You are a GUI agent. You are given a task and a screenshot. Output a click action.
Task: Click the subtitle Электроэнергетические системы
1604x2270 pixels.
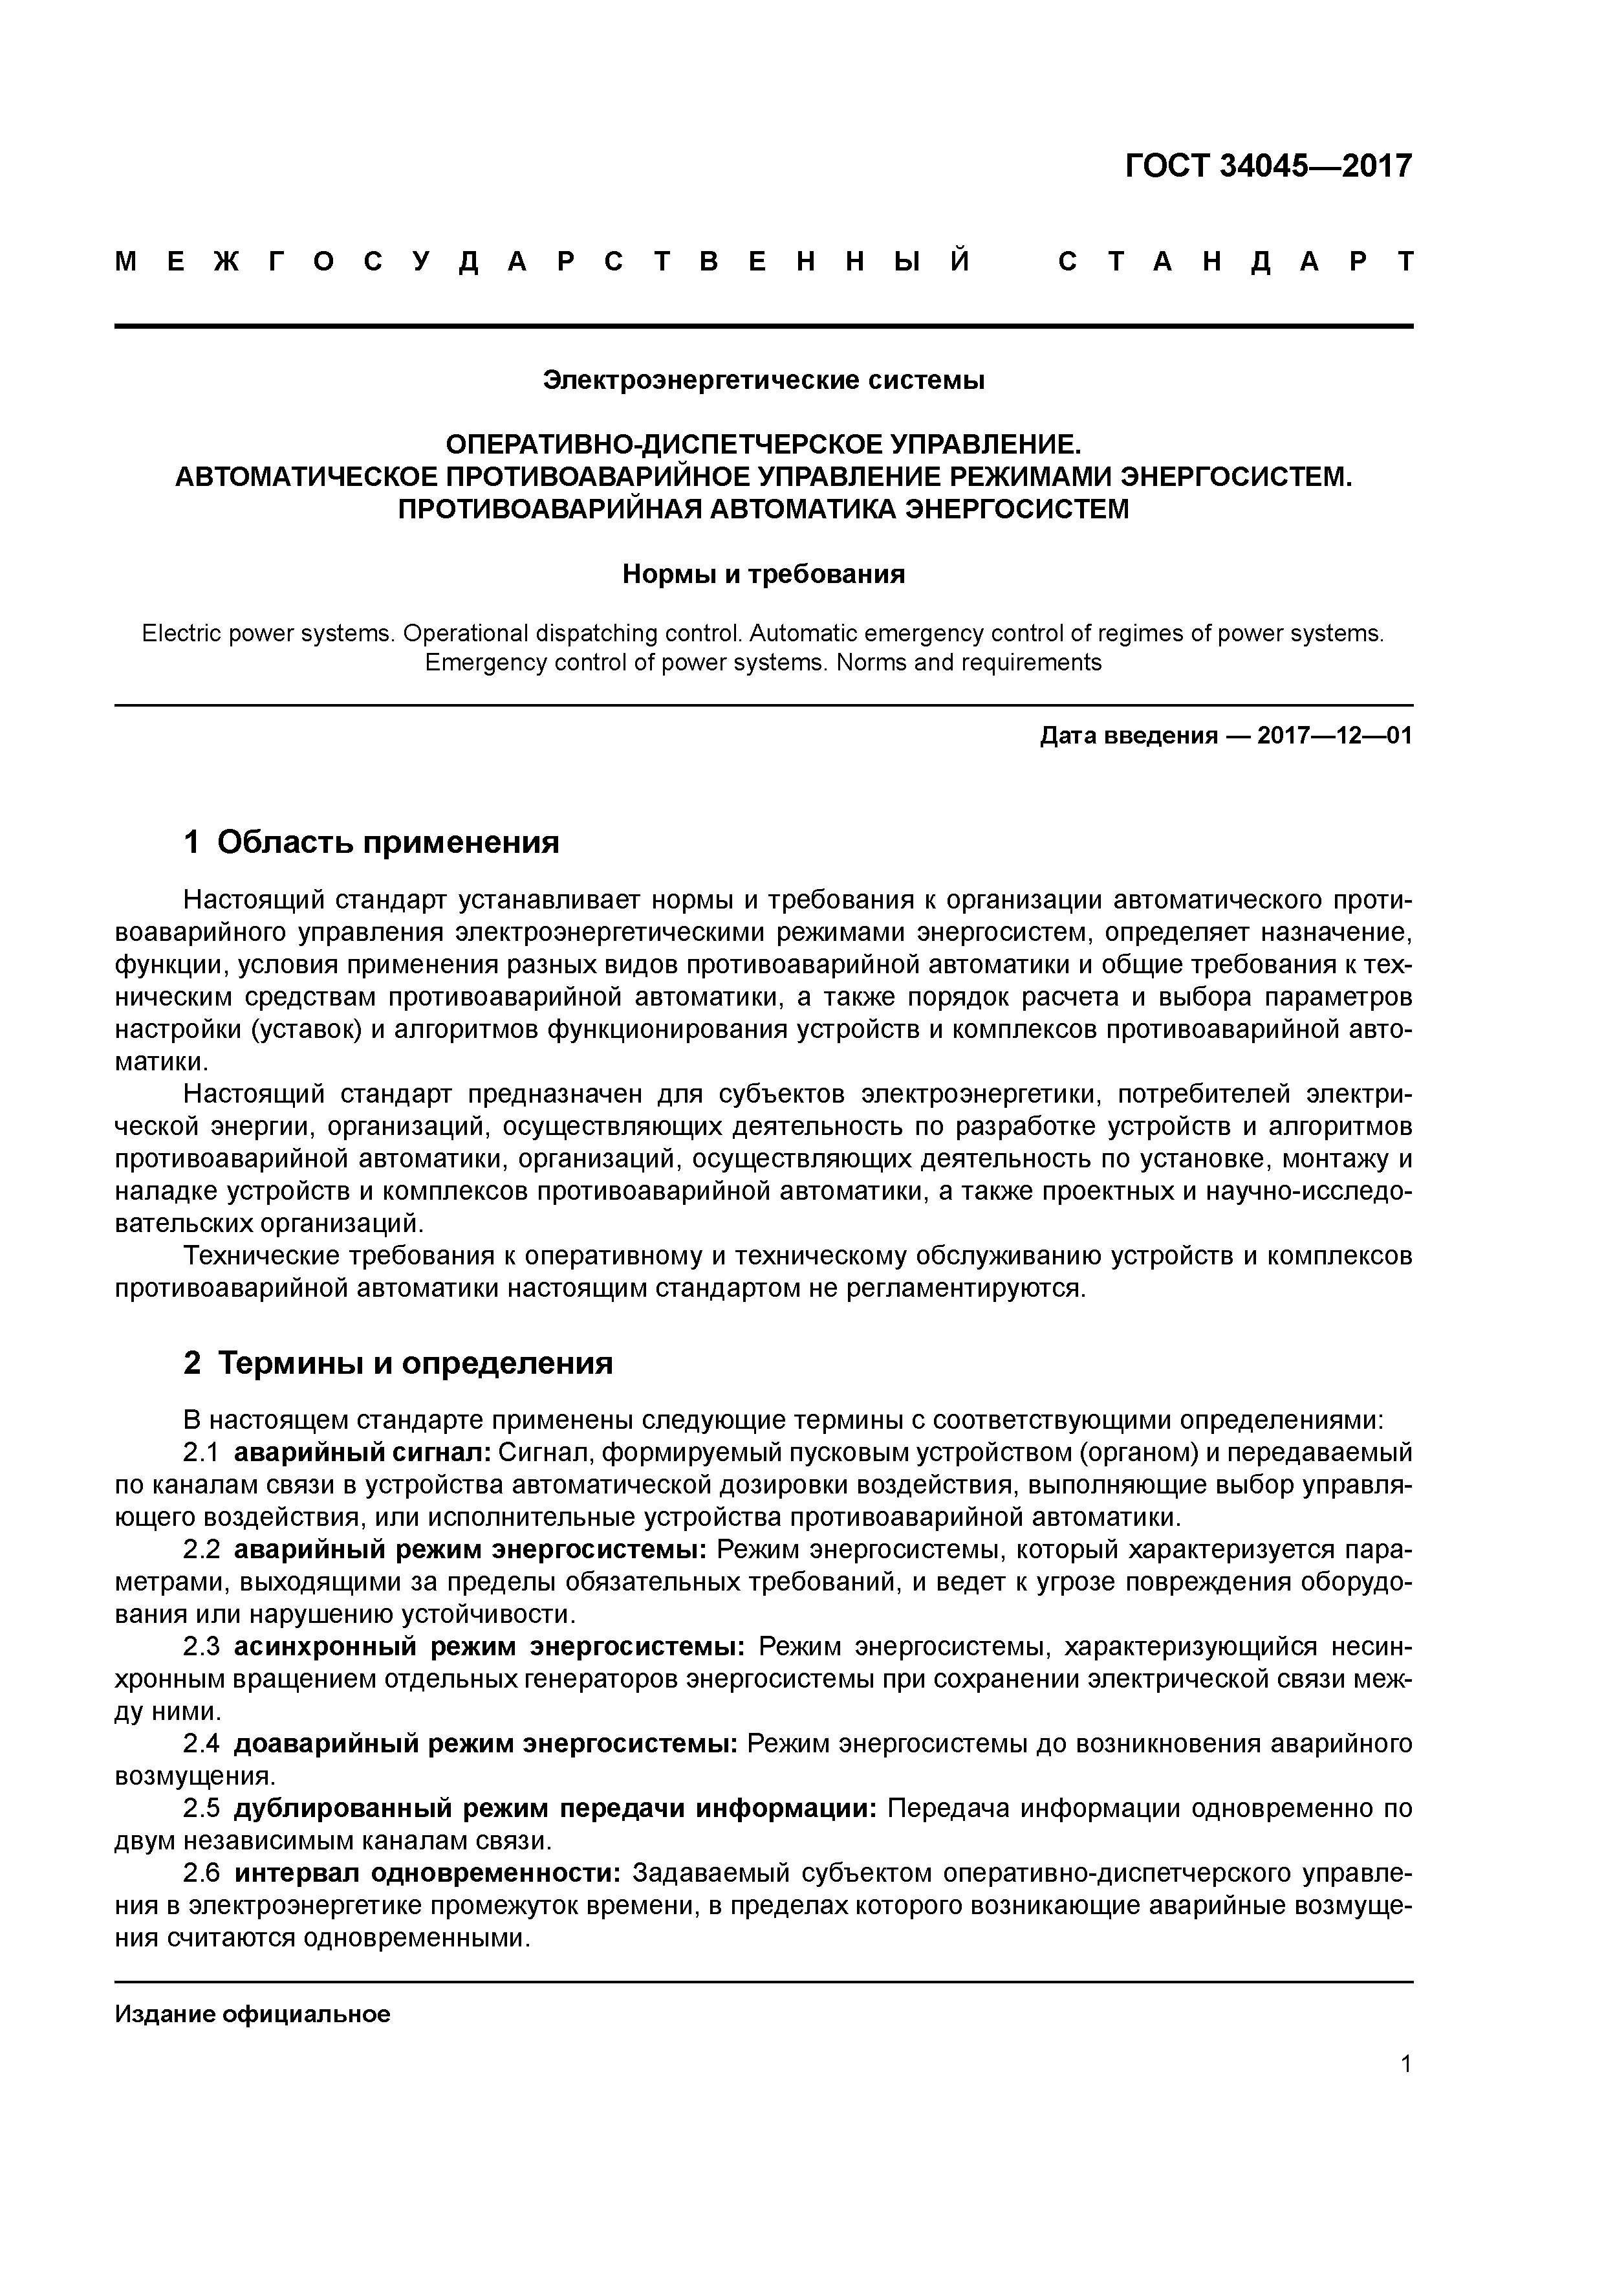tap(763, 380)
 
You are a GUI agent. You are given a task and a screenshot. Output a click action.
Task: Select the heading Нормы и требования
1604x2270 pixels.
tap(763, 575)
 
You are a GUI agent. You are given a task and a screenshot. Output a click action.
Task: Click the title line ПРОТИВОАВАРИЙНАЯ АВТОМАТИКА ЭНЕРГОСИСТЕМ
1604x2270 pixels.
tap(763, 509)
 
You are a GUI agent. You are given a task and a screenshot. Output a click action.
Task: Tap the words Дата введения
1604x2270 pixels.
tap(1127, 736)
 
